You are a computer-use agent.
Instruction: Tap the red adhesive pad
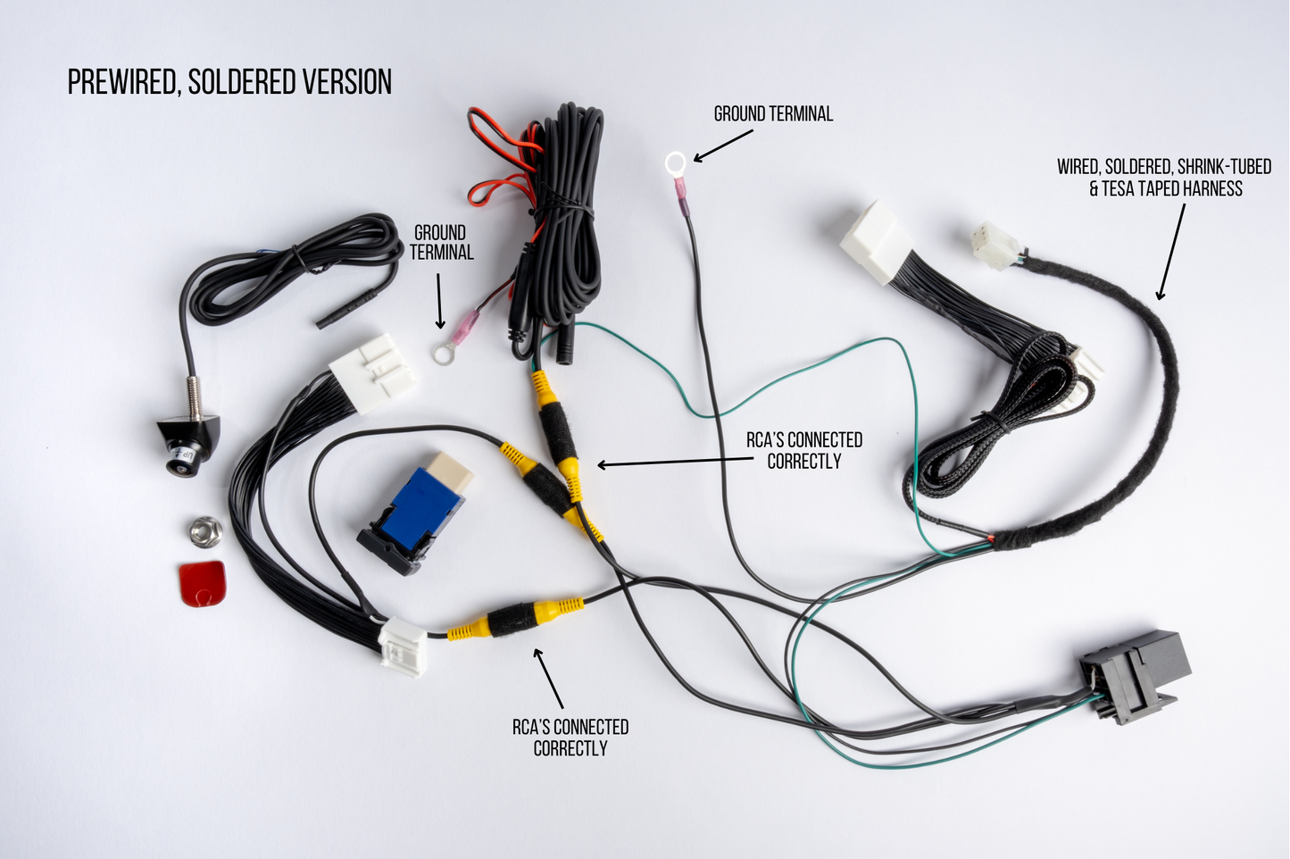pos(203,583)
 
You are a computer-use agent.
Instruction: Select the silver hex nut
pos(205,530)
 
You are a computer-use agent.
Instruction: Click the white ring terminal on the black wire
pos(676,163)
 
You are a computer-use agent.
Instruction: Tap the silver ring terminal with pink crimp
pos(442,354)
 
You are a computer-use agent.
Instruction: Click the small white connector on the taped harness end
pos(995,245)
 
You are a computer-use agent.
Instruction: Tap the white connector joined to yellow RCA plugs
pos(403,646)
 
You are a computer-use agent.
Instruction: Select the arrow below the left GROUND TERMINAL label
pos(439,300)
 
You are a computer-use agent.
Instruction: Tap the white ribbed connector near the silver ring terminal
pos(373,372)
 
